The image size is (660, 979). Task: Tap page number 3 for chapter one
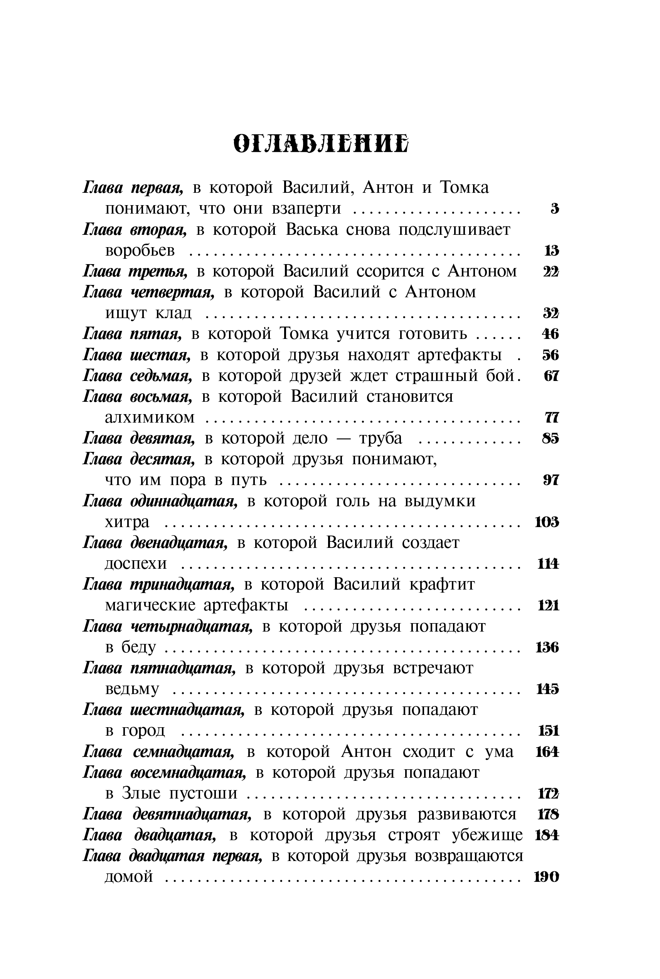tap(555, 209)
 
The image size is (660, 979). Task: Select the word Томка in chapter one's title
tap(464, 188)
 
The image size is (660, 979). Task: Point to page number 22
tap(551, 272)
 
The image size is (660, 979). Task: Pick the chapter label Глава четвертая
tap(148, 292)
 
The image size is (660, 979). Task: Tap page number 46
tap(550, 334)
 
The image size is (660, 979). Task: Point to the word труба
tap(381, 438)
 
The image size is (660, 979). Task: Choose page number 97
tap(551, 480)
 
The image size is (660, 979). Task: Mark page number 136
tap(547, 647)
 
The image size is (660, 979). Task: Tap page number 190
tap(546, 877)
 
